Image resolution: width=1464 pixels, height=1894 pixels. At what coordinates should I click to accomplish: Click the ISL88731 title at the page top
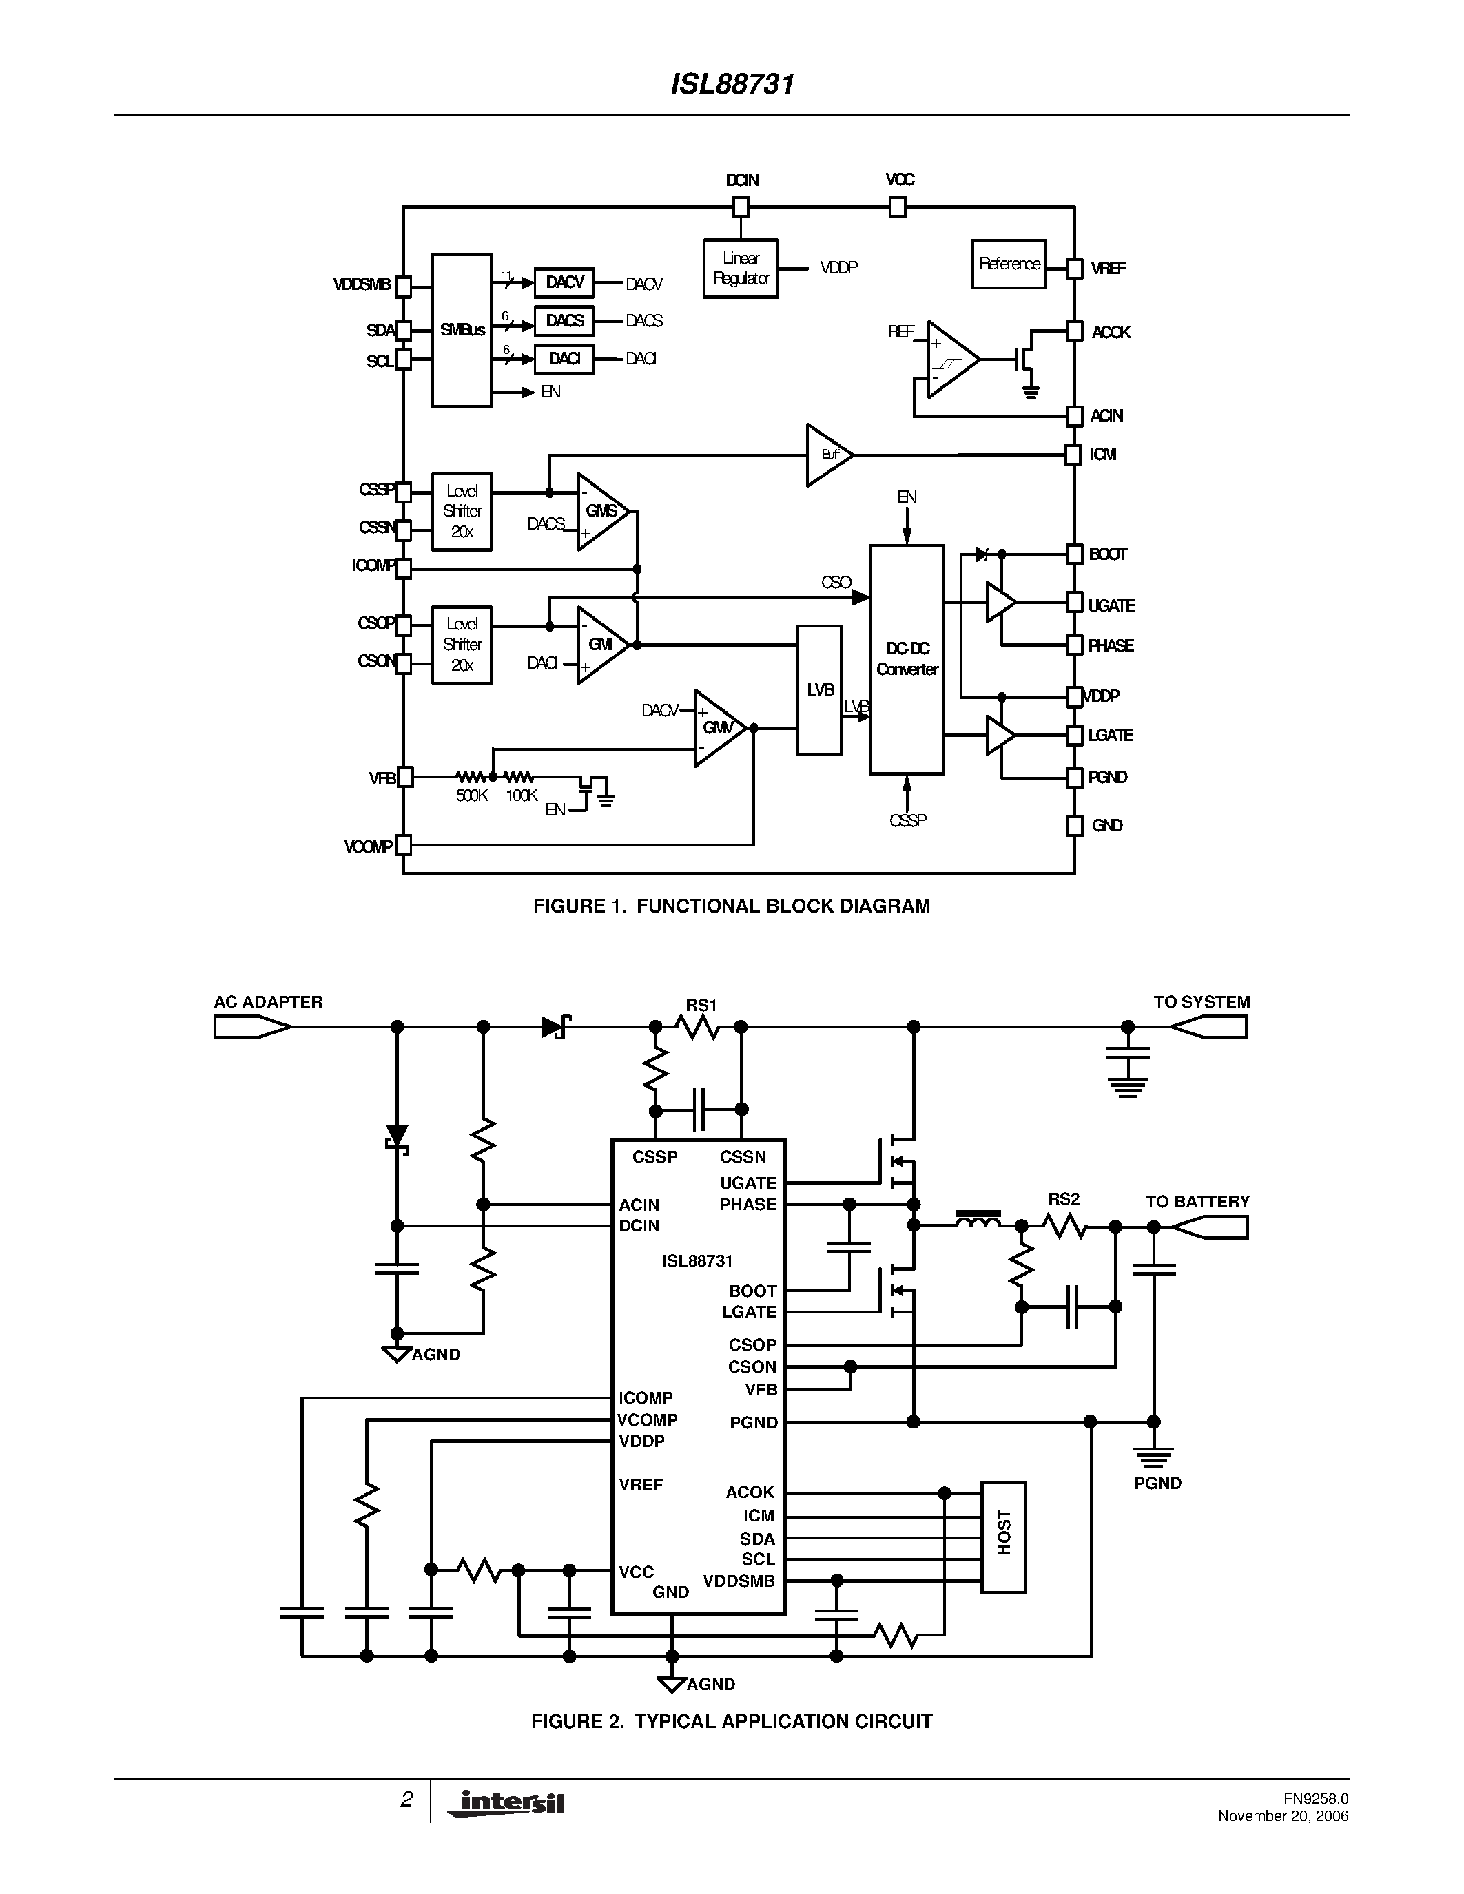coord(732,84)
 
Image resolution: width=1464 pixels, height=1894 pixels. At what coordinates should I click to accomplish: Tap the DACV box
coord(564,282)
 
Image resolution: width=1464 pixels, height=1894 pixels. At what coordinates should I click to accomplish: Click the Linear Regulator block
coord(740,268)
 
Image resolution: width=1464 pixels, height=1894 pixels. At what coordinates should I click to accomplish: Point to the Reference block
coord(1009,264)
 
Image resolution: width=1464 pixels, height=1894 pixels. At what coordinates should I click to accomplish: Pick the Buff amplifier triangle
coord(827,455)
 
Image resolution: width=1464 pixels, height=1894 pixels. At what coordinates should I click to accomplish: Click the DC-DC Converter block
coord(907,659)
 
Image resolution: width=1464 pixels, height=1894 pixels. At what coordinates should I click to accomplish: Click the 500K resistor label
coord(472,796)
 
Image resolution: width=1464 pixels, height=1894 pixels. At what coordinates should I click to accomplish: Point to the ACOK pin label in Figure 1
coord(1110,332)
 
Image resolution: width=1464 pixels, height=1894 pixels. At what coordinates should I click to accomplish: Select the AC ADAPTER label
coord(268,1001)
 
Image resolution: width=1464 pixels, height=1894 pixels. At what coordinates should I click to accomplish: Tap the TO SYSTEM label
coord(1202,1001)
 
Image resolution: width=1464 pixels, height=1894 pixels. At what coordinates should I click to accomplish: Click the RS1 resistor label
coord(701,1005)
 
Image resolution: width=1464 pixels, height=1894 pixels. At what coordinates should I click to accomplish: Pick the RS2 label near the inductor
coord(1063,1199)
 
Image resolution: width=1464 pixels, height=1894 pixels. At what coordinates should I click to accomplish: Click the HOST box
coord(1004,1537)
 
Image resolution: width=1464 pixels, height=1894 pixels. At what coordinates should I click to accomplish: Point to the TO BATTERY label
coord(1197,1202)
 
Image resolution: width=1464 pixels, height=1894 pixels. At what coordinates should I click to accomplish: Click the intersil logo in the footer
coord(506,1804)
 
